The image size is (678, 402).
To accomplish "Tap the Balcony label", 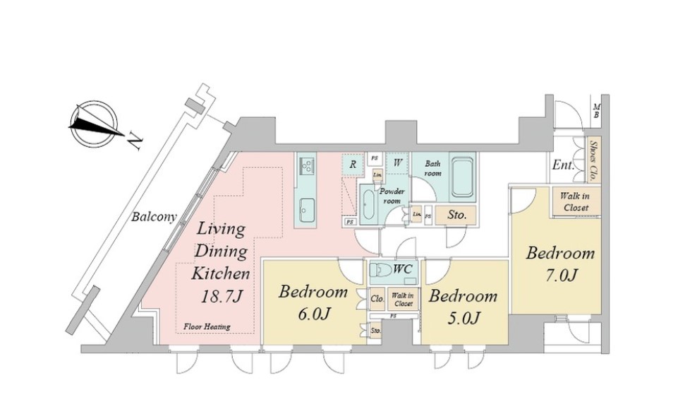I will pyautogui.click(x=153, y=217).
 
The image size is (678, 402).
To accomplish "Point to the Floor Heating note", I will pyautogui.click(x=205, y=326).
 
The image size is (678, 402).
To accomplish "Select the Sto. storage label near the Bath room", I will pyautogui.click(x=456, y=215).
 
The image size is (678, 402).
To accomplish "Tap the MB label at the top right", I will pyautogui.click(x=596, y=110).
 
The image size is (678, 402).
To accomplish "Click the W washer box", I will pyautogui.click(x=398, y=162).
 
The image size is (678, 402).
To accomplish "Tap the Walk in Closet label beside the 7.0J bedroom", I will pyautogui.click(x=576, y=201).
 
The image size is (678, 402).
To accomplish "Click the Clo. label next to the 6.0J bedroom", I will pyautogui.click(x=377, y=299).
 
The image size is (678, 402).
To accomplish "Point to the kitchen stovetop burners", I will pyautogui.click(x=307, y=166).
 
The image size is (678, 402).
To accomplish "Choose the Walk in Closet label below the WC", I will pyautogui.click(x=403, y=299).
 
